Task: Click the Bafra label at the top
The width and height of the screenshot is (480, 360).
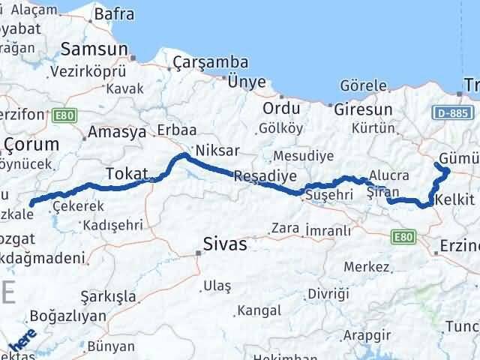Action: point(112,13)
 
